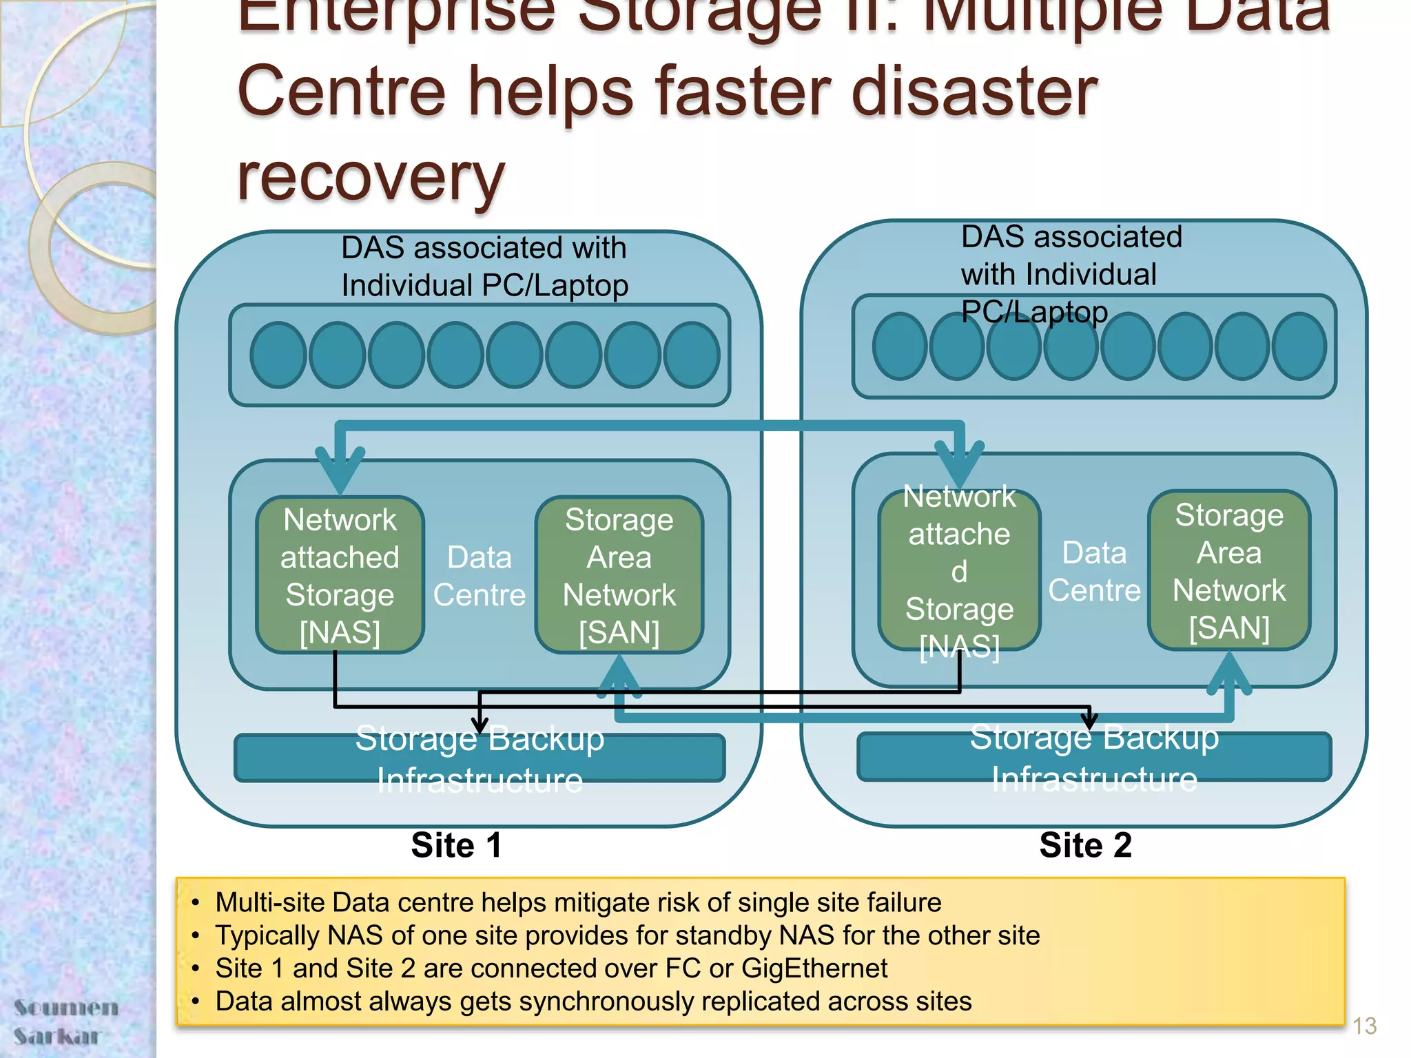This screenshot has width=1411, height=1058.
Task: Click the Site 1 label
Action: tap(456, 845)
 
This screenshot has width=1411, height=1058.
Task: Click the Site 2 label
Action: tap(1085, 845)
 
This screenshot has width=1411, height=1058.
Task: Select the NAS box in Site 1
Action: tap(340, 575)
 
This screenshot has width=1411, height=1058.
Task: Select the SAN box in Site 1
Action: tap(619, 575)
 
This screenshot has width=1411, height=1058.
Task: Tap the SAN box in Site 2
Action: tap(1229, 570)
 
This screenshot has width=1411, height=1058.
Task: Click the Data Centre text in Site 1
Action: tap(480, 576)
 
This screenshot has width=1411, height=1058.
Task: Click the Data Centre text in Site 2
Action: tap(1094, 572)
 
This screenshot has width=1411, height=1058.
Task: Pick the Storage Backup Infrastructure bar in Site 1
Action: tap(480, 758)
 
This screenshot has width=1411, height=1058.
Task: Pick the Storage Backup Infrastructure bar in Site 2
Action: tap(1094, 757)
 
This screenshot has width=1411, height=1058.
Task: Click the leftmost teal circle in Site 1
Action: tap(278, 355)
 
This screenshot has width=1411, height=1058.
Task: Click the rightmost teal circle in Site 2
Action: tap(1299, 346)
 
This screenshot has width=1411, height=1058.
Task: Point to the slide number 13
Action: tap(1364, 1026)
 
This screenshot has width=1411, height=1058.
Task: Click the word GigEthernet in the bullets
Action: tap(814, 968)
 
